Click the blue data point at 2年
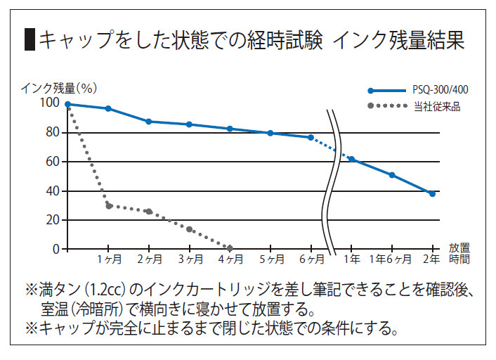pos(432,193)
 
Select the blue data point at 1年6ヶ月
pos(392,175)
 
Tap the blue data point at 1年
pos(351,160)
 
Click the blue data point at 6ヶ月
pos(311,137)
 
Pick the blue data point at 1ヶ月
pos(107,108)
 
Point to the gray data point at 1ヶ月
pos(109,206)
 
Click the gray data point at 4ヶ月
pos(230,247)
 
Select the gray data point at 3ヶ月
pos(190,229)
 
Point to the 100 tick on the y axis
pos(50,103)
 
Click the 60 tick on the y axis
pos(53,162)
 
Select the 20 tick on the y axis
pos(53,220)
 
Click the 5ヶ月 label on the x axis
pos(270,259)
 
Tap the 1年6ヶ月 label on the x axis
pos(391,259)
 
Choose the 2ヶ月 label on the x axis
pos(148,259)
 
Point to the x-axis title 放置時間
pos(459,253)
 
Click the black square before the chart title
pos(30,40)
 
